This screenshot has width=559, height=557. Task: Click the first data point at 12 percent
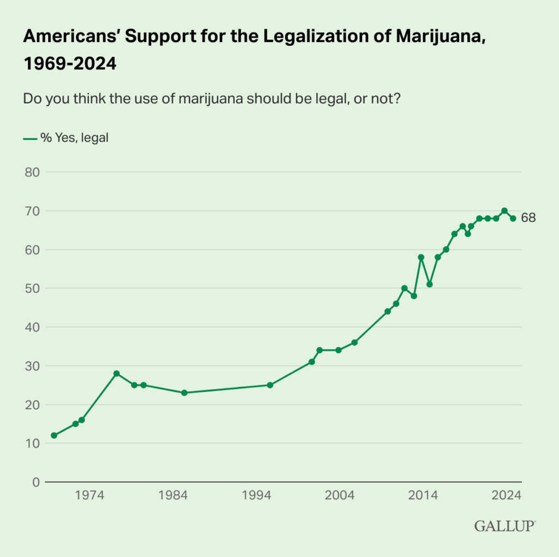54,435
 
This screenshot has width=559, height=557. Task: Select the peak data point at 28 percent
116,373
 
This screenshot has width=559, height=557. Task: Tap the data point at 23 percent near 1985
184,393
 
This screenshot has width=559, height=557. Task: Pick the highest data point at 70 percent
504,211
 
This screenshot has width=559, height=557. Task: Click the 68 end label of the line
528,218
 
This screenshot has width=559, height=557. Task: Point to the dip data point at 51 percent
430,284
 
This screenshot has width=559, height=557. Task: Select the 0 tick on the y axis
35,482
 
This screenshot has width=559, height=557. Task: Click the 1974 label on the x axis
90,495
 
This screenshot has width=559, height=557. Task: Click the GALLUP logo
505,526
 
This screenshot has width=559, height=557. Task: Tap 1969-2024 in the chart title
69,64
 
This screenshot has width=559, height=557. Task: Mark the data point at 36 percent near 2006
354,342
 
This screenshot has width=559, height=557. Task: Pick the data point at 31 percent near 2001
312,362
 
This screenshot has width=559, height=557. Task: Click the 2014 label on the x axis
423,495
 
